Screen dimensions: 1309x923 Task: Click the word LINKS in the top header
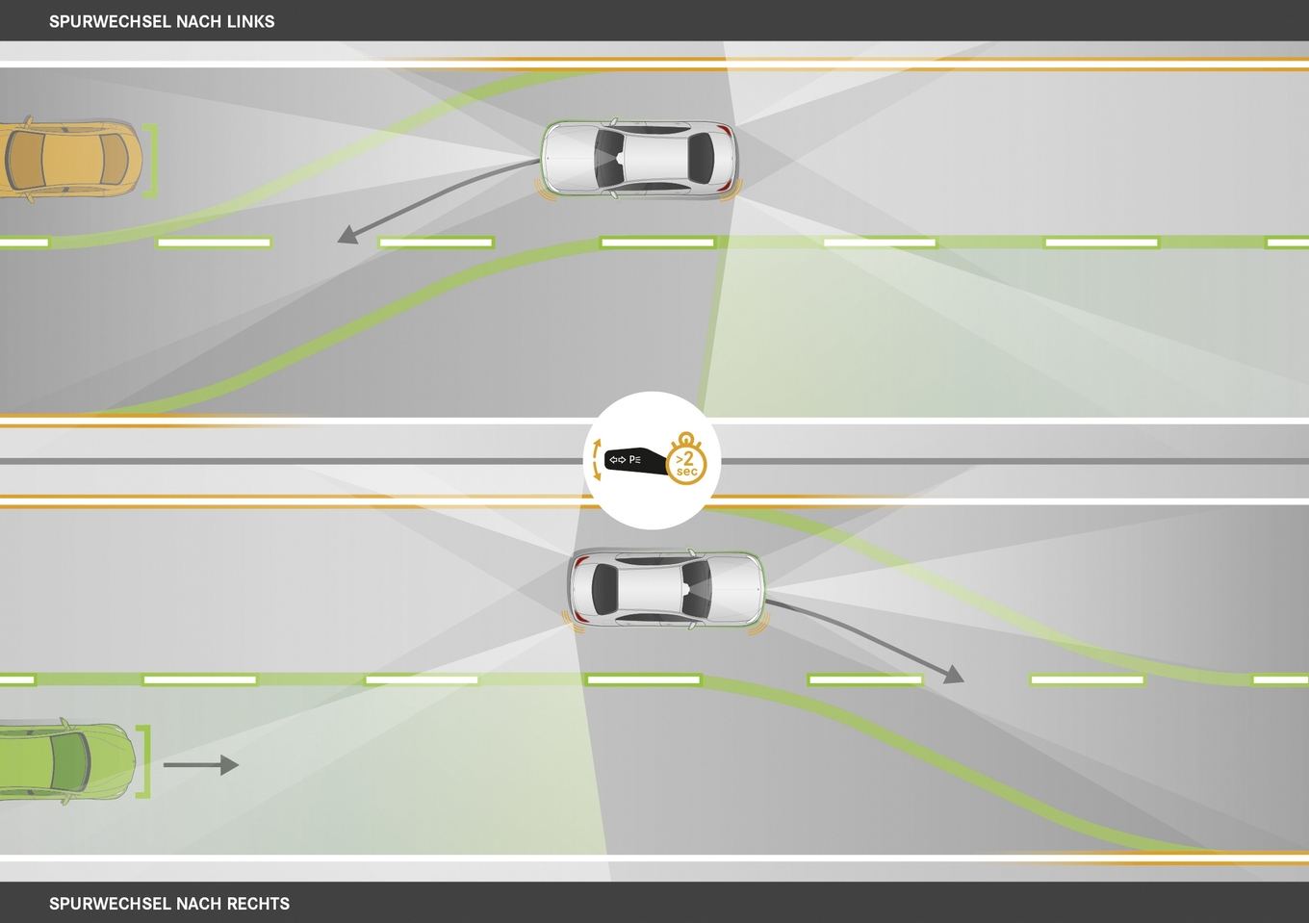click(251, 21)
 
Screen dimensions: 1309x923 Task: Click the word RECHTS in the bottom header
click(258, 904)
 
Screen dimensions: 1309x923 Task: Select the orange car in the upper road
click(70, 159)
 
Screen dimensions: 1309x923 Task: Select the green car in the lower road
click(67, 761)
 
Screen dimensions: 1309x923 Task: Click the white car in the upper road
click(640, 158)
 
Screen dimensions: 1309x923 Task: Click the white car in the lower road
click(666, 589)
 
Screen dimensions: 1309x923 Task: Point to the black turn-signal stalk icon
click(636, 462)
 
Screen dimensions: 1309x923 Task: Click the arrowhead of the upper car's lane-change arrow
click(348, 236)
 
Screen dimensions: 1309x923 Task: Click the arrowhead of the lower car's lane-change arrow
click(954, 675)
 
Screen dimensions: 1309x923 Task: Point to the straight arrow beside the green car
click(201, 765)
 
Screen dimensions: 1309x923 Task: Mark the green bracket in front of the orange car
click(151, 160)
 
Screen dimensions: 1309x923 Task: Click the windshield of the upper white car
click(609, 158)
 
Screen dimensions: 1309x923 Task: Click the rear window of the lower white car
click(604, 589)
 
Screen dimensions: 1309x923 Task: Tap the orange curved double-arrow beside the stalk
click(597, 460)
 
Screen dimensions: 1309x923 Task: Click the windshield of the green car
click(70, 761)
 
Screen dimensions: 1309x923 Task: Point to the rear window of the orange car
click(23, 159)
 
